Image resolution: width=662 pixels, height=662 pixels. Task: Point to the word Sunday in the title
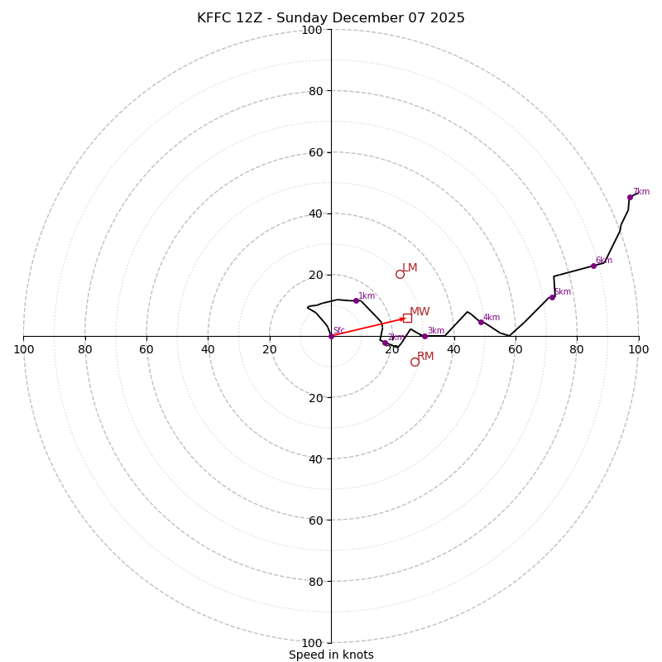309,18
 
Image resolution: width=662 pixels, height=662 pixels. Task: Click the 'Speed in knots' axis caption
331,655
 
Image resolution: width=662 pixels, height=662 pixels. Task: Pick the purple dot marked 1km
357,300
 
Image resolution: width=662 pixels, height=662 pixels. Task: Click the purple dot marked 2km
385,343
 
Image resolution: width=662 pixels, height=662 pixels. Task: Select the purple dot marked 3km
425,336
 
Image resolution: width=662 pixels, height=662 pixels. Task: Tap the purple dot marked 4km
481,322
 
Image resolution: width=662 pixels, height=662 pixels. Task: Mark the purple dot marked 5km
552,297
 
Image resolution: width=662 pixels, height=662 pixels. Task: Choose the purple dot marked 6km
593,266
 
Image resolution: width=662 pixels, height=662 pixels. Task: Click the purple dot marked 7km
630,197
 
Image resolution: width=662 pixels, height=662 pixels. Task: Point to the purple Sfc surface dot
331,336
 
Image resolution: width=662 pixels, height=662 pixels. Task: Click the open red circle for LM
400,274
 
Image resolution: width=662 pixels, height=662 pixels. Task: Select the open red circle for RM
415,362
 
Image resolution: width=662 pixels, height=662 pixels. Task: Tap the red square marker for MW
407,318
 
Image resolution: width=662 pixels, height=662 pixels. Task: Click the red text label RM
425,357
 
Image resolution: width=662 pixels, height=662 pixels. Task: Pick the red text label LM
410,268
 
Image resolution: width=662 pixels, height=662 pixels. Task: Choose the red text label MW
420,312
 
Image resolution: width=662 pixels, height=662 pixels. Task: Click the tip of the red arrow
405,318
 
